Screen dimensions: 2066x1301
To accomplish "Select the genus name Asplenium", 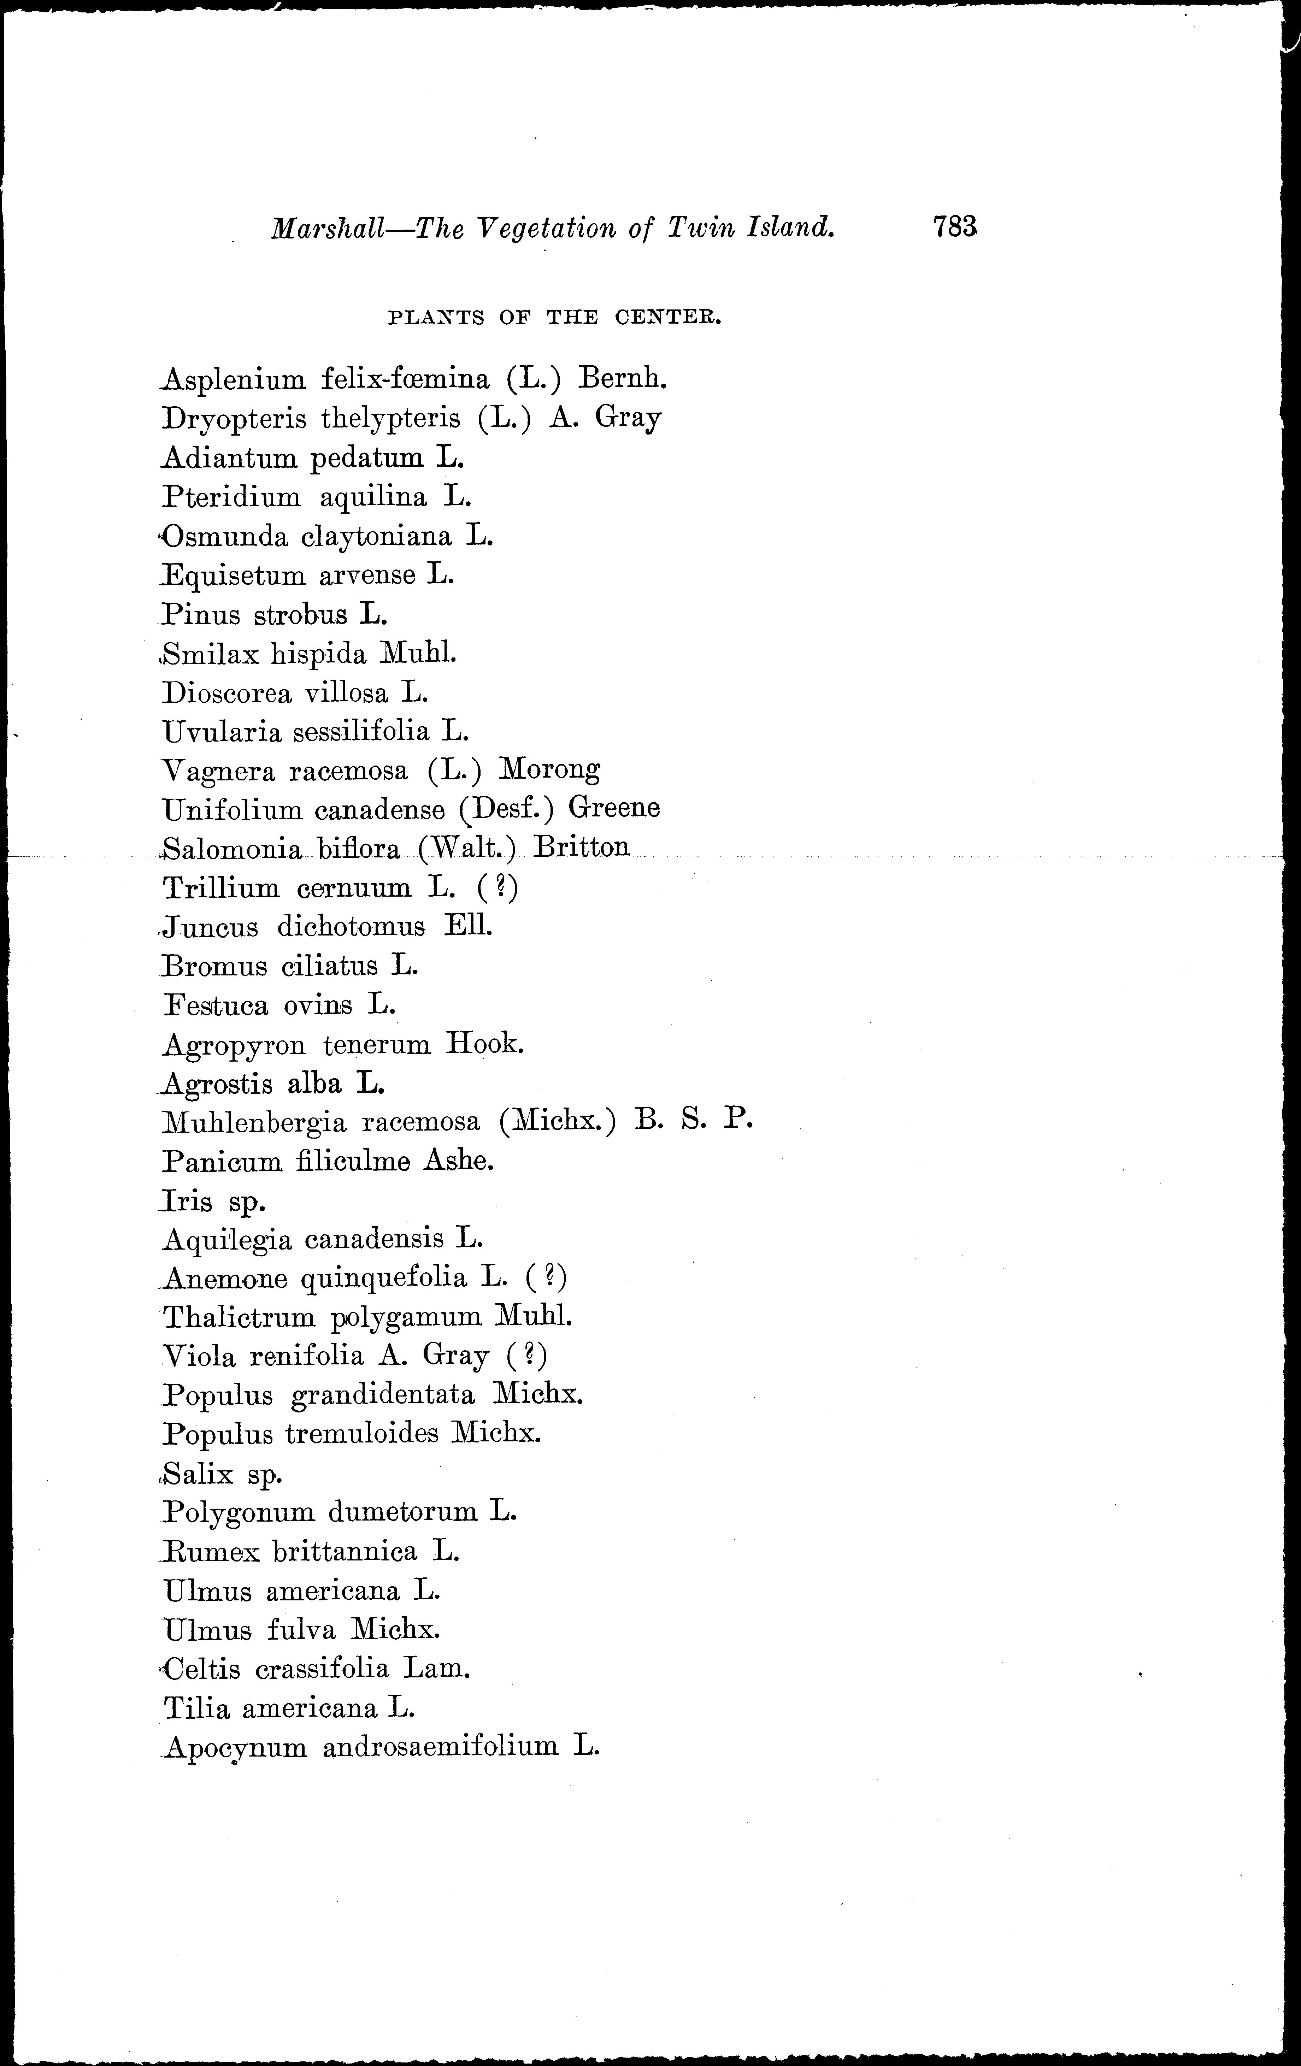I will click(x=234, y=379).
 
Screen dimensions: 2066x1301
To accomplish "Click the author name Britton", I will click(x=581, y=848).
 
